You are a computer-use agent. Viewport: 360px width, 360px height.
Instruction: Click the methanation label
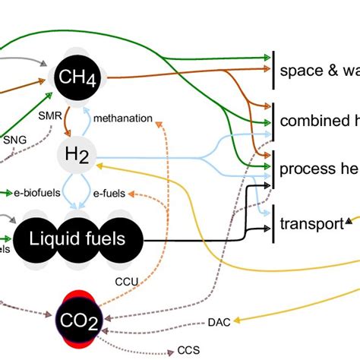pyautogui.click(x=123, y=119)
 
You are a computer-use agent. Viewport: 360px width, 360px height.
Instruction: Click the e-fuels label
pyautogui.click(x=109, y=194)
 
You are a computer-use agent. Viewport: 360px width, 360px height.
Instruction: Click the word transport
pyautogui.click(x=311, y=224)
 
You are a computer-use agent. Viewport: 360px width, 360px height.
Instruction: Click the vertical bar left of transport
pyautogui.click(x=273, y=223)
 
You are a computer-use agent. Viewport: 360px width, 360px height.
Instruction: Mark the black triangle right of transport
pyautogui.click(x=349, y=221)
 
